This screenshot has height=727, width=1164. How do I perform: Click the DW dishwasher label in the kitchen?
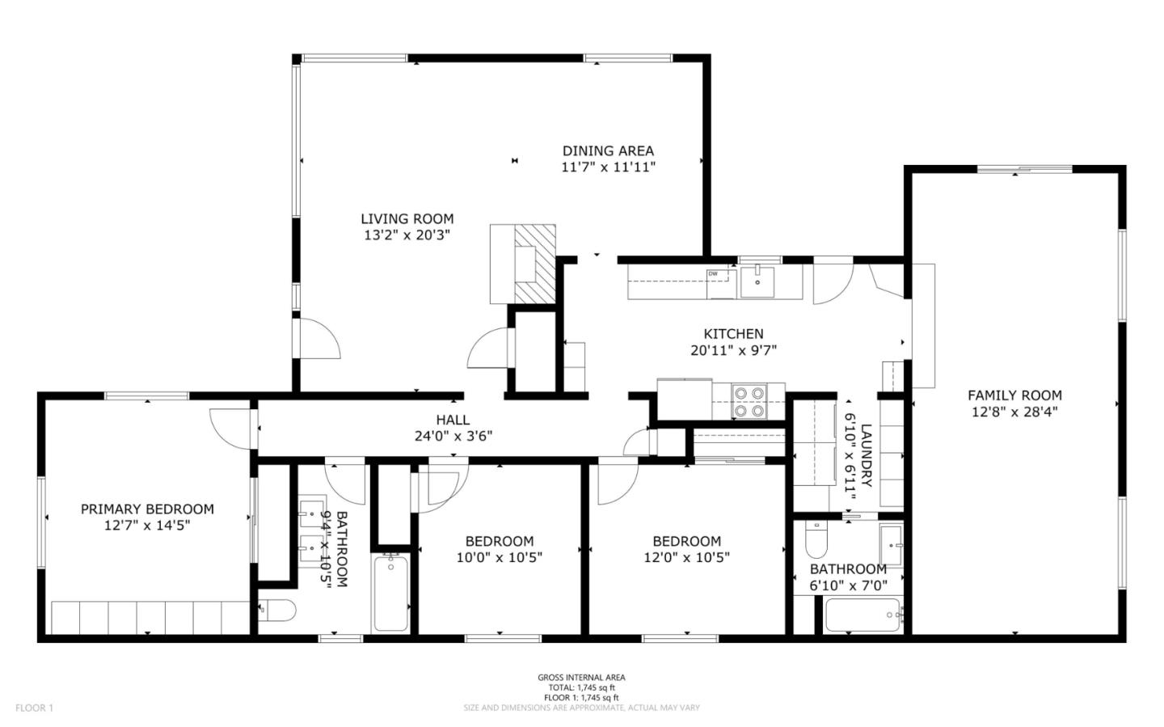713,274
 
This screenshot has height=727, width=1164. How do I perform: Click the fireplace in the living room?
524,264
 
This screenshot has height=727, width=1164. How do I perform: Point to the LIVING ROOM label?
407,218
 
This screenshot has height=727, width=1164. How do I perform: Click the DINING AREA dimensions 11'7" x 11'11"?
608,167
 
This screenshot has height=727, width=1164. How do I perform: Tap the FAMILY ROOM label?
1014,395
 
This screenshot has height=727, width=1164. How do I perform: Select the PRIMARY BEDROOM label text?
147,509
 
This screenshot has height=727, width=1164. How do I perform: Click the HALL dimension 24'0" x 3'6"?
453,436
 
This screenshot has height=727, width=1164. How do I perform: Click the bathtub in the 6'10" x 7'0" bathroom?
862,616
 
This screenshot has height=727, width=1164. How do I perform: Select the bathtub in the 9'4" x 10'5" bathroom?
391,592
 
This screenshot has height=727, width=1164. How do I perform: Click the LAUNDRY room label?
866,454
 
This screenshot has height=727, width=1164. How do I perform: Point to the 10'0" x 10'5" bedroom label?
499,542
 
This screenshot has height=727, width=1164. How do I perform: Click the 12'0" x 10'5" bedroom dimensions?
686,557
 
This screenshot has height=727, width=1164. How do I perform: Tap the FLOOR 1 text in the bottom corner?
34,708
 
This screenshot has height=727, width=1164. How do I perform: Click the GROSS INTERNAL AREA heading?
581,678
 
